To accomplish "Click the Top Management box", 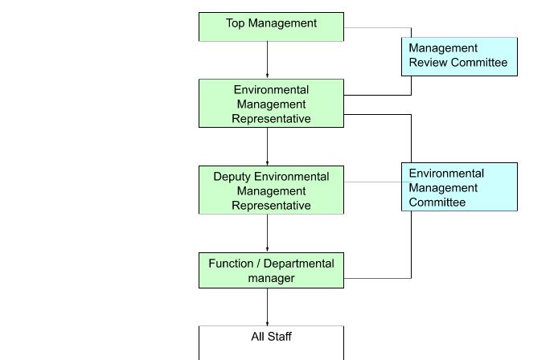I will (x=271, y=27).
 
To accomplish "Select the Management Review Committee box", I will (x=459, y=56).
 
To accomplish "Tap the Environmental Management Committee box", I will (x=459, y=187).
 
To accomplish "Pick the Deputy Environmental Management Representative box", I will (x=271, y=190).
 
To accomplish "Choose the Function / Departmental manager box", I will (x=271, y=271).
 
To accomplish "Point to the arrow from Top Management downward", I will (x=268, y=60).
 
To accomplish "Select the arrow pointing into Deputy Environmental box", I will (x=268, y=147).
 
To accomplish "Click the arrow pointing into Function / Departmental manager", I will (x=268, y=234).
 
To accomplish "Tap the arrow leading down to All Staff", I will (x=268, y=307).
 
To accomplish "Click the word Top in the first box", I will (x=236, y=23).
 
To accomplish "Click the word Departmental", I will (x=298, y=264).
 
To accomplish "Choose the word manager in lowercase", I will (x=271, y=279).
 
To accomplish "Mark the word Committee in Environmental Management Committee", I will (x=437, y=202).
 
